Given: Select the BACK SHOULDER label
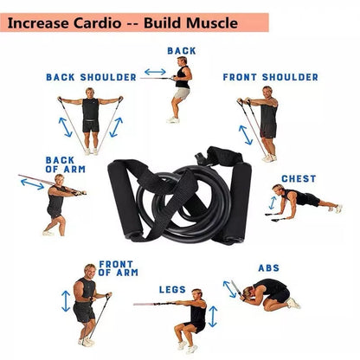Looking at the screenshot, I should point(91,77).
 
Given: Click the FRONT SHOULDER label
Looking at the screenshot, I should point(270,77).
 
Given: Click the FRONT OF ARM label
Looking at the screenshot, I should point(118,267).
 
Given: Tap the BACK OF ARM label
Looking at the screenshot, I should point(60,164).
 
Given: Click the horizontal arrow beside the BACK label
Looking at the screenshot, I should point(155,72).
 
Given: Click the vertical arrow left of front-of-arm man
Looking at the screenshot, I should point(65,301).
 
